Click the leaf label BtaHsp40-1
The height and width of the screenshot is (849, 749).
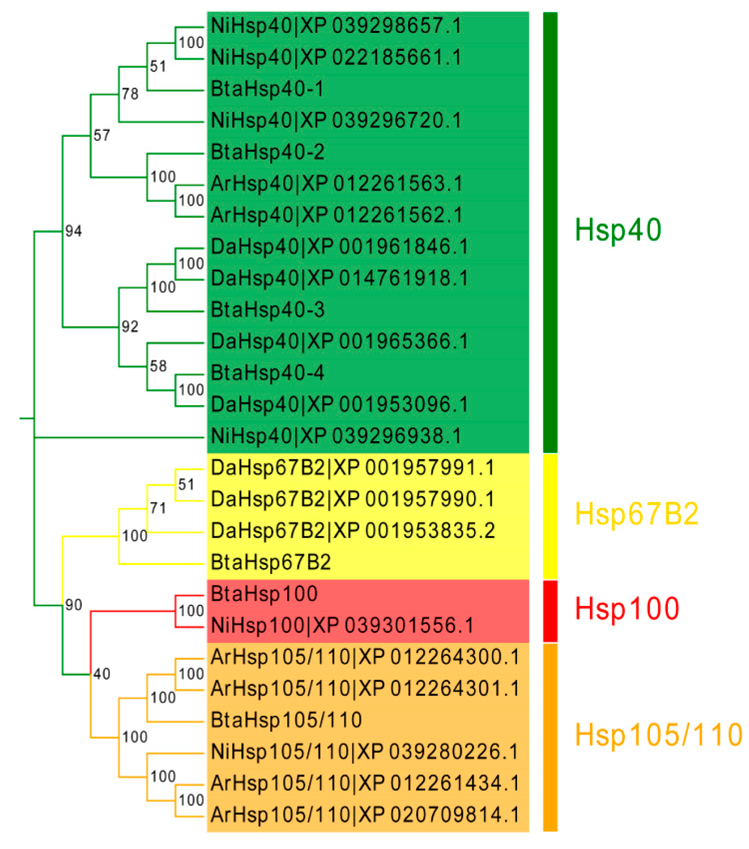click(267, 89)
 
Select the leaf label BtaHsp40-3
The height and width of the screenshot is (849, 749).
click(268, 310)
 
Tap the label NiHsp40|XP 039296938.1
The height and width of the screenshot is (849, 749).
click(336, 436)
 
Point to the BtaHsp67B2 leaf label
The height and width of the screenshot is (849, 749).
click(271, 562)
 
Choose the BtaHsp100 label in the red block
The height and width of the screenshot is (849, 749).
click(264, 594)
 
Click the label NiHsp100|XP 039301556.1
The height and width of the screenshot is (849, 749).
click(342, 625)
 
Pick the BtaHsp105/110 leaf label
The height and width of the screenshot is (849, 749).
click(286, 720)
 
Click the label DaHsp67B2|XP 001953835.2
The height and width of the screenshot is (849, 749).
click(353, 531)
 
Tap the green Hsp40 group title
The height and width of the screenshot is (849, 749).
click(618, 230)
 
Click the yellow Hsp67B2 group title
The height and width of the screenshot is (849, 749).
click(636, 514)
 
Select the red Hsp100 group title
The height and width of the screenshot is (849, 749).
click(627, 608)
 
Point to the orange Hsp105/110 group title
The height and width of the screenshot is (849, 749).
click(658, 735)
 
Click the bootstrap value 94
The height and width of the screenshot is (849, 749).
click(73, 231)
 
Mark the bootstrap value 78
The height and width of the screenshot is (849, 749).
click(130, 94)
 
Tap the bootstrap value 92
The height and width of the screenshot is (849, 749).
click(130, 327)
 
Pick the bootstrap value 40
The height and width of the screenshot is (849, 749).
click(102, 674)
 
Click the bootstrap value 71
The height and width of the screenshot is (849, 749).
click(158, 508)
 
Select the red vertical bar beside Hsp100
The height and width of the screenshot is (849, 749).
click(550, 611)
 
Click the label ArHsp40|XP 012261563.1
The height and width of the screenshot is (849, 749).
click(337, 184)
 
